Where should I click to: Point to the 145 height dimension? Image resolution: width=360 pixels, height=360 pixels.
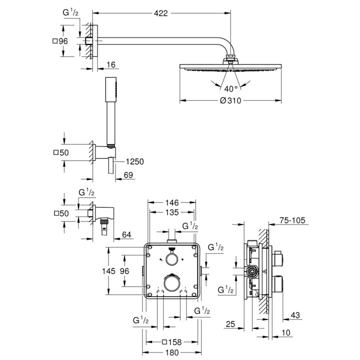115,270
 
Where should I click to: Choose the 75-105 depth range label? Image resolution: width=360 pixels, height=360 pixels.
293,220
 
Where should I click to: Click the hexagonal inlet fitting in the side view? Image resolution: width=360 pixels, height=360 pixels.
253,272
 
